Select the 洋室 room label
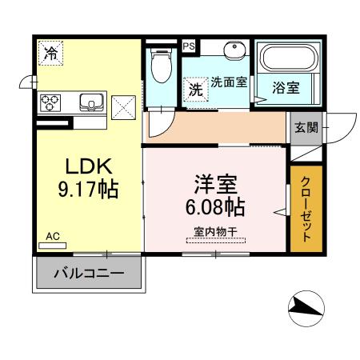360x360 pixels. pos(215,185)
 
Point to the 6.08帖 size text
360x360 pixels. pos(214,207)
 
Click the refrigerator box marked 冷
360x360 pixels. pos(51,55)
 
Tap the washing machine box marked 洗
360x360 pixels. pos(195,90)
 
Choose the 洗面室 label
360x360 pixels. pos(228,82)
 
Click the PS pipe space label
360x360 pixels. pos(190,46)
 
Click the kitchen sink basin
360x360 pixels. pos(89,102)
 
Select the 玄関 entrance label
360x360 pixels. pos(304,127)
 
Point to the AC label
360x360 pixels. pos(53,236)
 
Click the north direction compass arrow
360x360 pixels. pos(305,306)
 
